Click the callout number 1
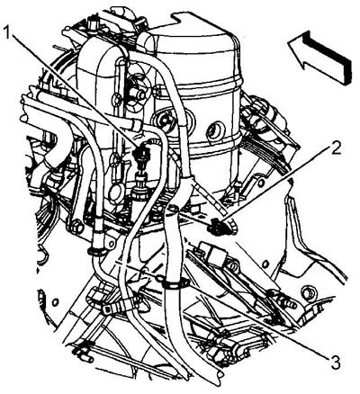(x=8, y=31)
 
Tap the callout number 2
(x=334, y=148)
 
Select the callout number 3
(x=333, y=362)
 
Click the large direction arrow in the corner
(x=320, y=57)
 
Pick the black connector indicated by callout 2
(x=217, y=228)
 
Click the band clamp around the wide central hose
(x=175, y=284)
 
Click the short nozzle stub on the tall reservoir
(x=140, y=94)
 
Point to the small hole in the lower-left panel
(x=55, y=302)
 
